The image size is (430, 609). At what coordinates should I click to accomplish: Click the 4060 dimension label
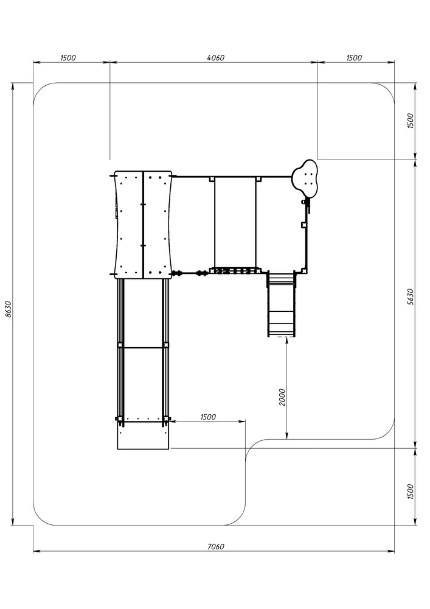pos(215,58)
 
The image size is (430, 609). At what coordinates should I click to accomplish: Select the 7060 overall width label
pos(215,546)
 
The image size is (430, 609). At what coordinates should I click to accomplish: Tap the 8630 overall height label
pos(9,309)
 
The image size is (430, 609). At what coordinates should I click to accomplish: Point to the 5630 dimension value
pos(411,297)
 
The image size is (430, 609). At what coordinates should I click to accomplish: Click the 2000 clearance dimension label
pos(282,397)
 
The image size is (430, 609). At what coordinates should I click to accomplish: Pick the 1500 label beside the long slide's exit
pos(208,417)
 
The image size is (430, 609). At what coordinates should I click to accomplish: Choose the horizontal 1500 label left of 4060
pos(68,58)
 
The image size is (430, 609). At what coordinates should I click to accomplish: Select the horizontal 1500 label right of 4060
pos(354,58)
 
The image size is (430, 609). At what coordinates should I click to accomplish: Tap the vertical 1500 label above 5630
pos(411,121)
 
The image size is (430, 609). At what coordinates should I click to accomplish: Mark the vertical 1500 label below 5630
pos(411,491)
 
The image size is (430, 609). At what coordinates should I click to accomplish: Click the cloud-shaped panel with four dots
pos(306,177)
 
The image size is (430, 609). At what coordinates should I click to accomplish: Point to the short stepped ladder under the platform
pos(281,304)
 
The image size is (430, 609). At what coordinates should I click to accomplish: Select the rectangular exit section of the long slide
pos(144,435)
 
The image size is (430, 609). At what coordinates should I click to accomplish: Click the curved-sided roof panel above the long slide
pos(143,225)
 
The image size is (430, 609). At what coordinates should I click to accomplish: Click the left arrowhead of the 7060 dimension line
pos(38,551)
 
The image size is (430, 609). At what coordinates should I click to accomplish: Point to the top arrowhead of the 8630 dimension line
pos(13,87)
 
